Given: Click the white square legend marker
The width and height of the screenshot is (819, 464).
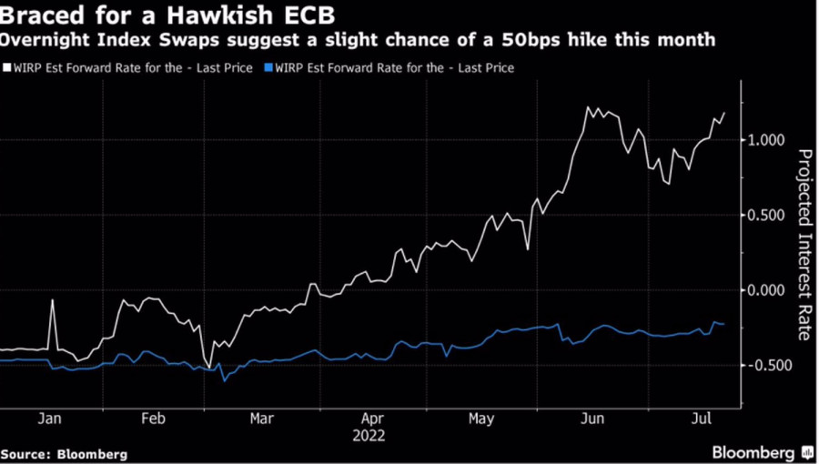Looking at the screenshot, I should (x=6, y=67).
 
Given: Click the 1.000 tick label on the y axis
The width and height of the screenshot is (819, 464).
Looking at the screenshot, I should (x=767, y=140).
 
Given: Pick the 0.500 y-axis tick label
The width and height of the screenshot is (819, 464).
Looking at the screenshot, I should (x=767, y=215).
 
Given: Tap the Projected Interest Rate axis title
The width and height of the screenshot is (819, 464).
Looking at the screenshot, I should (x=804, y=243).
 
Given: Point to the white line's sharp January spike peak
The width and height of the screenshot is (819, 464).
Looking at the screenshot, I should (x=53, y=300).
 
